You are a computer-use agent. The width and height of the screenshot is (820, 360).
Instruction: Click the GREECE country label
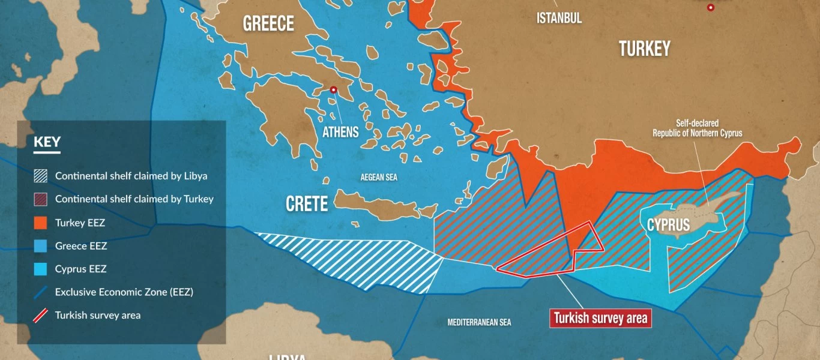click(x=268, y=24)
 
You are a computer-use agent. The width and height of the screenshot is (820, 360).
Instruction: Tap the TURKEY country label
click(x=645, y=49)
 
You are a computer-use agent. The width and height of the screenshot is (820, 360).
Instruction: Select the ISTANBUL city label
click(x=559, y=18)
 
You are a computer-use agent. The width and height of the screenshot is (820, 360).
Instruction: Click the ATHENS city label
click(x=340, y=132)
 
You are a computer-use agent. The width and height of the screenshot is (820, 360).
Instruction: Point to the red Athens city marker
click(x=333, y=90)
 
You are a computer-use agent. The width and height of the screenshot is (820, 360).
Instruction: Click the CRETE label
click(x=307, y=204)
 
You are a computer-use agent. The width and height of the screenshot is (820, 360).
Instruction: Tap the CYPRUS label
click(x=668, y=225)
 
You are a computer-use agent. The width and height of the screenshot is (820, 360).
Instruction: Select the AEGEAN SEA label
click(x=379, y=178)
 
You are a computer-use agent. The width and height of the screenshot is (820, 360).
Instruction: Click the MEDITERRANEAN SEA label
click(x=479, y=322)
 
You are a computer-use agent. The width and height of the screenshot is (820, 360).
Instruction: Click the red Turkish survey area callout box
click(x=600, y=318)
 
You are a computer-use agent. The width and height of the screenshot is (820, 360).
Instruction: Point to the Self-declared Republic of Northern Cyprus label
click(x=697, y=128)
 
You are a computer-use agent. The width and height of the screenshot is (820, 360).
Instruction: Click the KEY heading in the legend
click(x=47, y=142)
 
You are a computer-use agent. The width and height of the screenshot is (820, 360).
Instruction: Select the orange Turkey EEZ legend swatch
click(x=40, y=223)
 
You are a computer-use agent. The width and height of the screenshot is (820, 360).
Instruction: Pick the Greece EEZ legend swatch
click(x=40, y=246)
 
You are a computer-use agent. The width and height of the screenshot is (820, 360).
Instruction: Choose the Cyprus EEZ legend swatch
click(x=40, y=269)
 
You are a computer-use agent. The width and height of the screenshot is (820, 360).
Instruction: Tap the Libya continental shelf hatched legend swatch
click(x=40, y=176)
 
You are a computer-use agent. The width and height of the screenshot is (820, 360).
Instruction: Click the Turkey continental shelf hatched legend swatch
click(x=40, y=199)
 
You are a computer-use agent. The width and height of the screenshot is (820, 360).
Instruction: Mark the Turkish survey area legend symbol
click(x=40, y=315)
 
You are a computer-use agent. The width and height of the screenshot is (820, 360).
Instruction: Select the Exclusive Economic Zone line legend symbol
click(x=40, y=292)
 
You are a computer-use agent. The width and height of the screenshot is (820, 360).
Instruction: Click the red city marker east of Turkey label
click(x=711, y=8)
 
